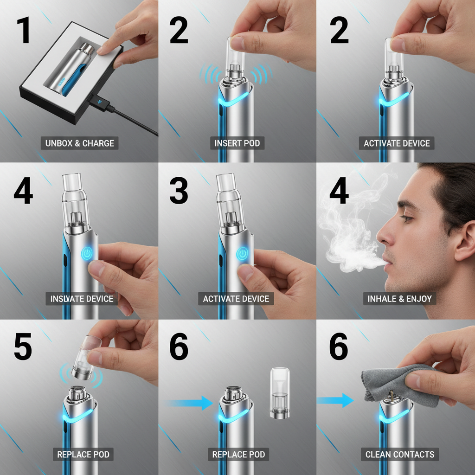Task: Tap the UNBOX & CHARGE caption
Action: [x=79, y=143]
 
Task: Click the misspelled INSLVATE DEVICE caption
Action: [x=82, y=299]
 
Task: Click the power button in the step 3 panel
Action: [x=242, y=254]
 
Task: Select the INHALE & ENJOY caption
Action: [x=399, y=299]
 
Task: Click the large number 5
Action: [x=23, y=347]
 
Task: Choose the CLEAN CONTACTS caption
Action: [x=399, y=454]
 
